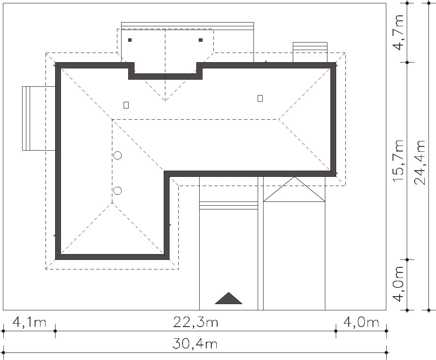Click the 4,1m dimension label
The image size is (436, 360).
click(x=29, y=322)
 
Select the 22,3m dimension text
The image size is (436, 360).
click(x=195, y=322)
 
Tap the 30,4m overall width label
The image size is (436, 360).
click(x=195, y=344)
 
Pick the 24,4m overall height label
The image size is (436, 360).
click(x=420, y=163)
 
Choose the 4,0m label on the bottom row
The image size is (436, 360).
click(x=361, y=322)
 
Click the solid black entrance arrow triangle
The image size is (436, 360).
click(x=228, y=298)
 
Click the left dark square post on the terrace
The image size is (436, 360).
click(x=130, y=40)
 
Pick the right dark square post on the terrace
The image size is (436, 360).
click(x=201, y=40)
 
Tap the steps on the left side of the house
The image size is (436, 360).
click(x=39, y=118)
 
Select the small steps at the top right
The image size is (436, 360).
click(x=310, y=52)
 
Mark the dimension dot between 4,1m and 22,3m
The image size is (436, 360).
click(x=55, y=331)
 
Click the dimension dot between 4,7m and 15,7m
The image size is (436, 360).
click(x=407, y=63)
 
